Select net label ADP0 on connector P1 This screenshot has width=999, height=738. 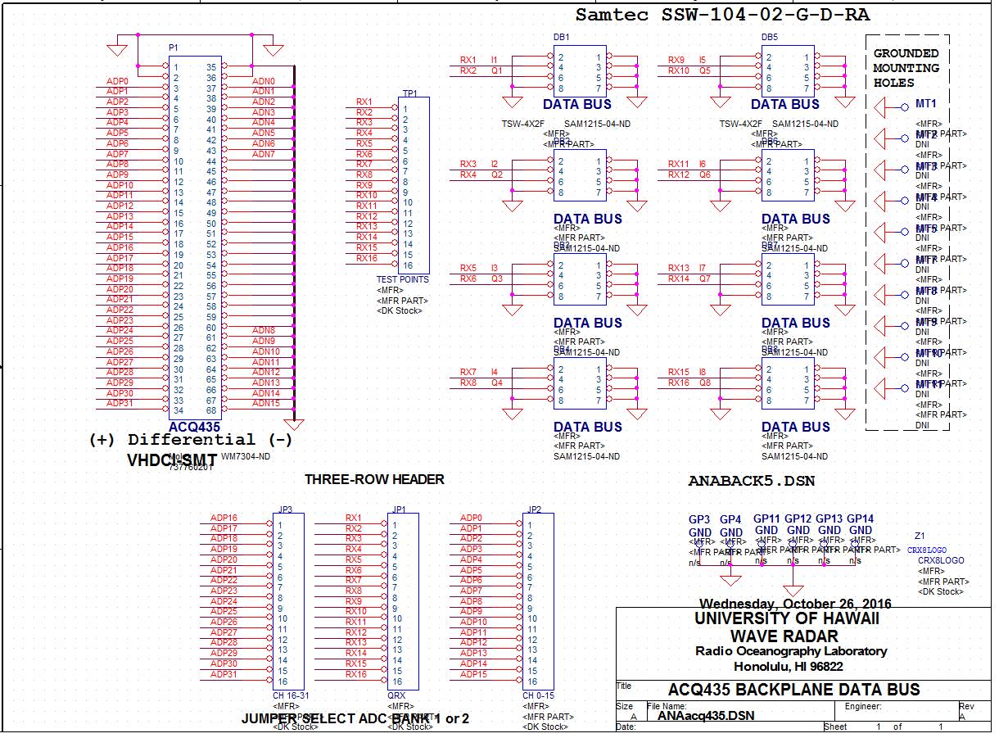pyautogui.click(x=118, y=81)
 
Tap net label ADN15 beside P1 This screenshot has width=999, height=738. pyautogui.click(x=265, y=403)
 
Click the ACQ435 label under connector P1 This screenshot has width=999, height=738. pyautogui.click(x=195, y=428)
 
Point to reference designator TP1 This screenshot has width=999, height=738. pyautogui.click(x=409, y=93)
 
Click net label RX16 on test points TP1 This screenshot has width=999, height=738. pyautogui.click(x=366, y=258)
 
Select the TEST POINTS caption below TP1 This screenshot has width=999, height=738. pyautogui.click(x=402, y=279)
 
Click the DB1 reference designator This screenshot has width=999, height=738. pyautogui.click(x=562, y=38)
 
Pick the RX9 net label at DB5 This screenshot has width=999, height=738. pyautogui.click(x=676, y=60)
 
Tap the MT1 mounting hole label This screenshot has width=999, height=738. pyautogui.click(x=925, y=104)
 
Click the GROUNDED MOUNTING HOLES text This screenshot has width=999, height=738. pyautogui.click(x=906, y=68)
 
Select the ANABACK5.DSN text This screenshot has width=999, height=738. pyautogui.click(x=752, y=481)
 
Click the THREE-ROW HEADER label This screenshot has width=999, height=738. pyautogui.click(x=374, y=479)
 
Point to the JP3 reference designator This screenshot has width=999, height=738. pyautogui.click(x=285, y=508)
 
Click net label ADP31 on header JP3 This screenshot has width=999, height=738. pyautogui.click(x=224, y=674)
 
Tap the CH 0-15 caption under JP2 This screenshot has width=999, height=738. pyautogui.click(x=538, y=695)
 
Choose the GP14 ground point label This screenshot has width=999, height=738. pyautogui.click(x=860, y=518)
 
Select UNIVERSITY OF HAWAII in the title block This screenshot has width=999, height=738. pyautogui.click(x=787, y=618)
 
